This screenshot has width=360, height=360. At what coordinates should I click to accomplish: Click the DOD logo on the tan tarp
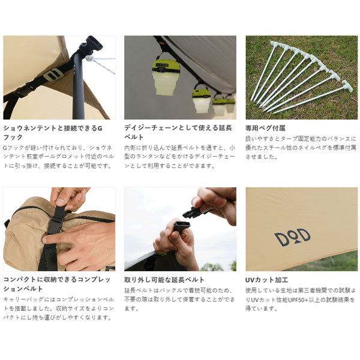point(293,238)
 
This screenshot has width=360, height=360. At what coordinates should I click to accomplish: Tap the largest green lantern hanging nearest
point(166,76)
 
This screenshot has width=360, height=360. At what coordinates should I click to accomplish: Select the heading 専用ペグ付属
point(265,128)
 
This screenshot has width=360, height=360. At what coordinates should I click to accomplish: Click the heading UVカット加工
point(266,280)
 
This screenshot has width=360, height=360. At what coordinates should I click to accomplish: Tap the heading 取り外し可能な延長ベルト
point(164,280)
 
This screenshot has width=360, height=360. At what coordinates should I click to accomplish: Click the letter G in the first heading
point(100,128)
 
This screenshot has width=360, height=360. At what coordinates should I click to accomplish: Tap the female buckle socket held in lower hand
point(181,226)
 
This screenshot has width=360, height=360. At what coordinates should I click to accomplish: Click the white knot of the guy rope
point(89,58)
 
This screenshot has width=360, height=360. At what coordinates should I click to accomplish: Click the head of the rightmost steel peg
point(347,85)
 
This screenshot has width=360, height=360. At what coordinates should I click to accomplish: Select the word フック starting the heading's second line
point(13,137)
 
